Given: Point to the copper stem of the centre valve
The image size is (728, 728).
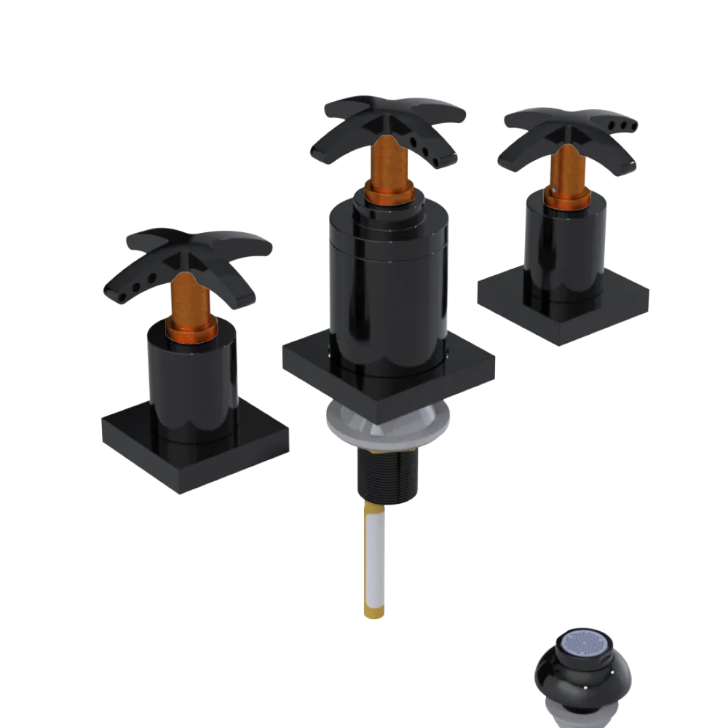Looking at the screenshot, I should point(383,160).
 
